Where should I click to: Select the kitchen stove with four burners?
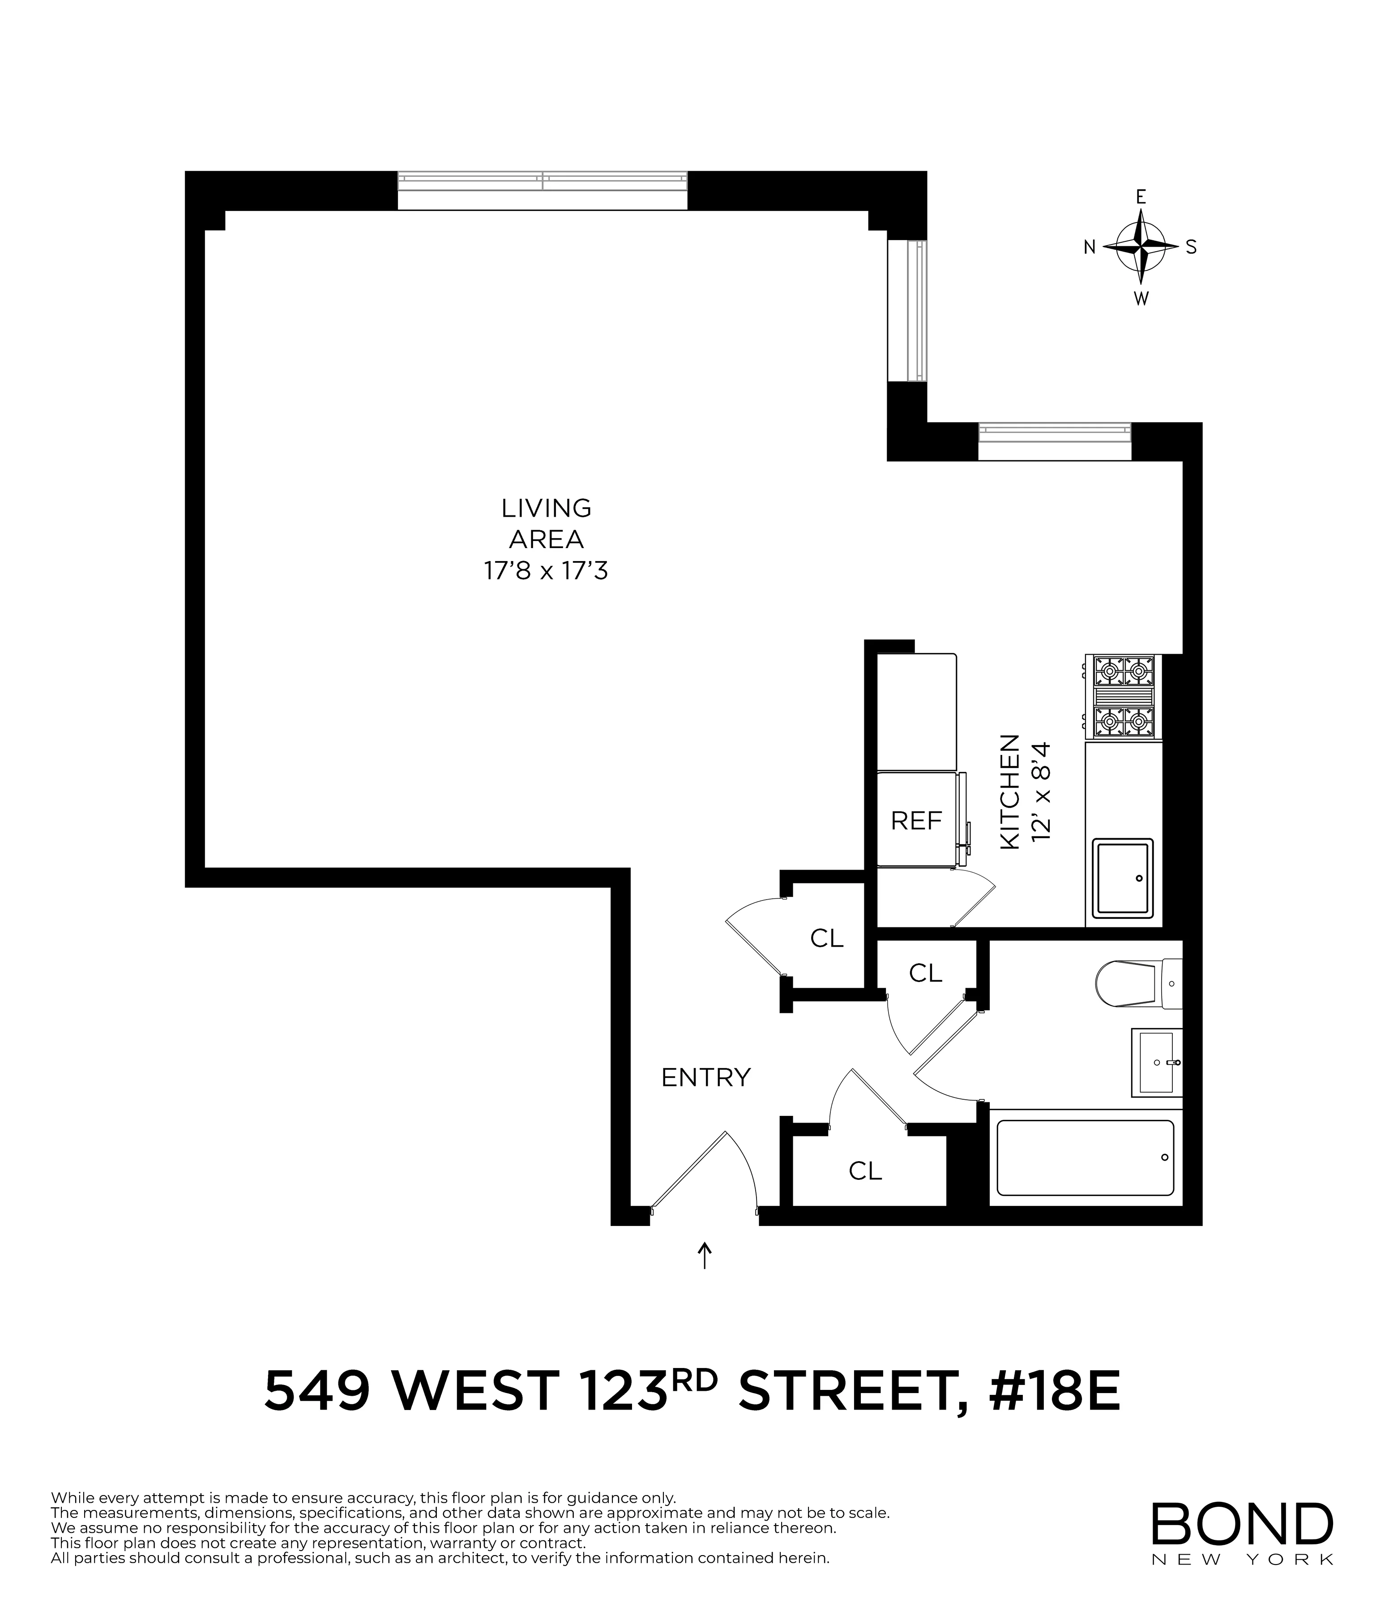pyautogui.click(x=1123, y=696)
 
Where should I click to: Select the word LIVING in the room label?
pyautogui.click(x=546, y=508)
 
